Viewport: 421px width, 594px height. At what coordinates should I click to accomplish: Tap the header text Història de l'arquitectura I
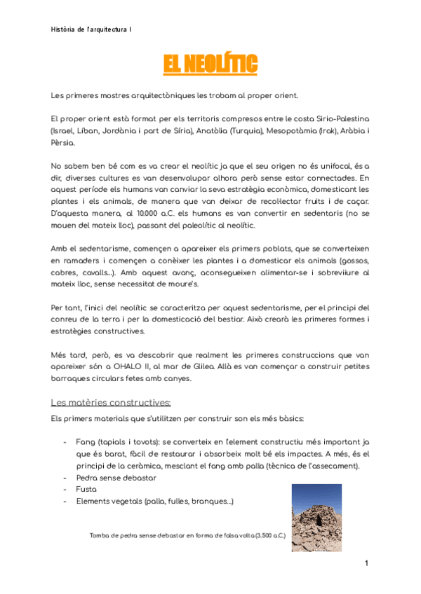[92, 29]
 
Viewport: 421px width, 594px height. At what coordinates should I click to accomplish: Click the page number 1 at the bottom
[366, 564]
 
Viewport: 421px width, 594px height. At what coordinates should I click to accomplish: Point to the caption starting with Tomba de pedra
[187, 537]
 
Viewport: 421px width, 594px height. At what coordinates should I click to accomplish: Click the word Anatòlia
[194, 131]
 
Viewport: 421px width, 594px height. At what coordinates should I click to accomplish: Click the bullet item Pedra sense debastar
[116, 478]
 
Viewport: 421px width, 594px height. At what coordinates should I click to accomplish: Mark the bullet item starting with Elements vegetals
[155, 502]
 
